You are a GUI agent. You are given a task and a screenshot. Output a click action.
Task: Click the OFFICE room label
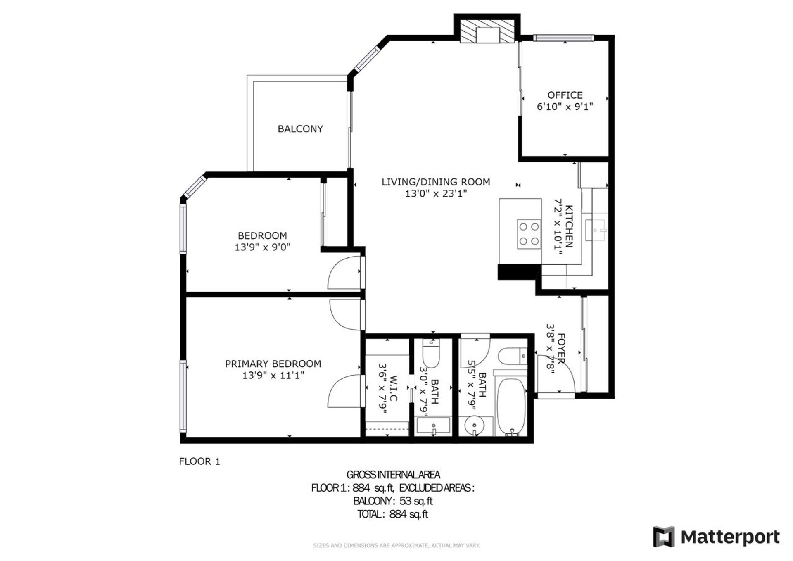point(565,95)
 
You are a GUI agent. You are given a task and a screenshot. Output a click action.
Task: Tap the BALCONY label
point(300,129)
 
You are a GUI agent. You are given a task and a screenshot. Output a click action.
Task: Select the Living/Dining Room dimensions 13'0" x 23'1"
point(436,193)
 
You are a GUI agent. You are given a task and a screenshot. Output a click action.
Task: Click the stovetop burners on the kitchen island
point(529,234)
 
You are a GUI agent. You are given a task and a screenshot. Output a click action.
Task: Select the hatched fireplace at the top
point(487,32)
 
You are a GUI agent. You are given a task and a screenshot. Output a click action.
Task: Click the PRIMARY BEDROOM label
point(273,364)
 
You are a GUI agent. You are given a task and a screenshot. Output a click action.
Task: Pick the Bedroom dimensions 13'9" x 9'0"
point(263,247)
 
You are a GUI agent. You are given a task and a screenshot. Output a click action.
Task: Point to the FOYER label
point(561,349)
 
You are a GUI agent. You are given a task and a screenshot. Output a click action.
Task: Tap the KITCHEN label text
point(569,226)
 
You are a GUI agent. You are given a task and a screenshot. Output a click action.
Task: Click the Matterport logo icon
point(664,537)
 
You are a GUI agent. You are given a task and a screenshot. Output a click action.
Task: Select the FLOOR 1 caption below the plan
point(199,461)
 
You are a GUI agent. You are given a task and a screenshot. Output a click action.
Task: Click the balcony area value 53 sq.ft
point(416,501)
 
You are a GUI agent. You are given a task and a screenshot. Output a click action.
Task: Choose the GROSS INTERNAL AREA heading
point(393,475)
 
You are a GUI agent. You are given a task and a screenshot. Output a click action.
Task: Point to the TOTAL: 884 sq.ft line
point(392,514)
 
